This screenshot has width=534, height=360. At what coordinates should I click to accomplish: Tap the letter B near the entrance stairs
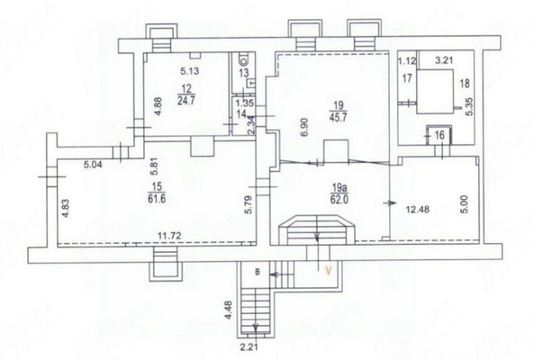258,271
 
